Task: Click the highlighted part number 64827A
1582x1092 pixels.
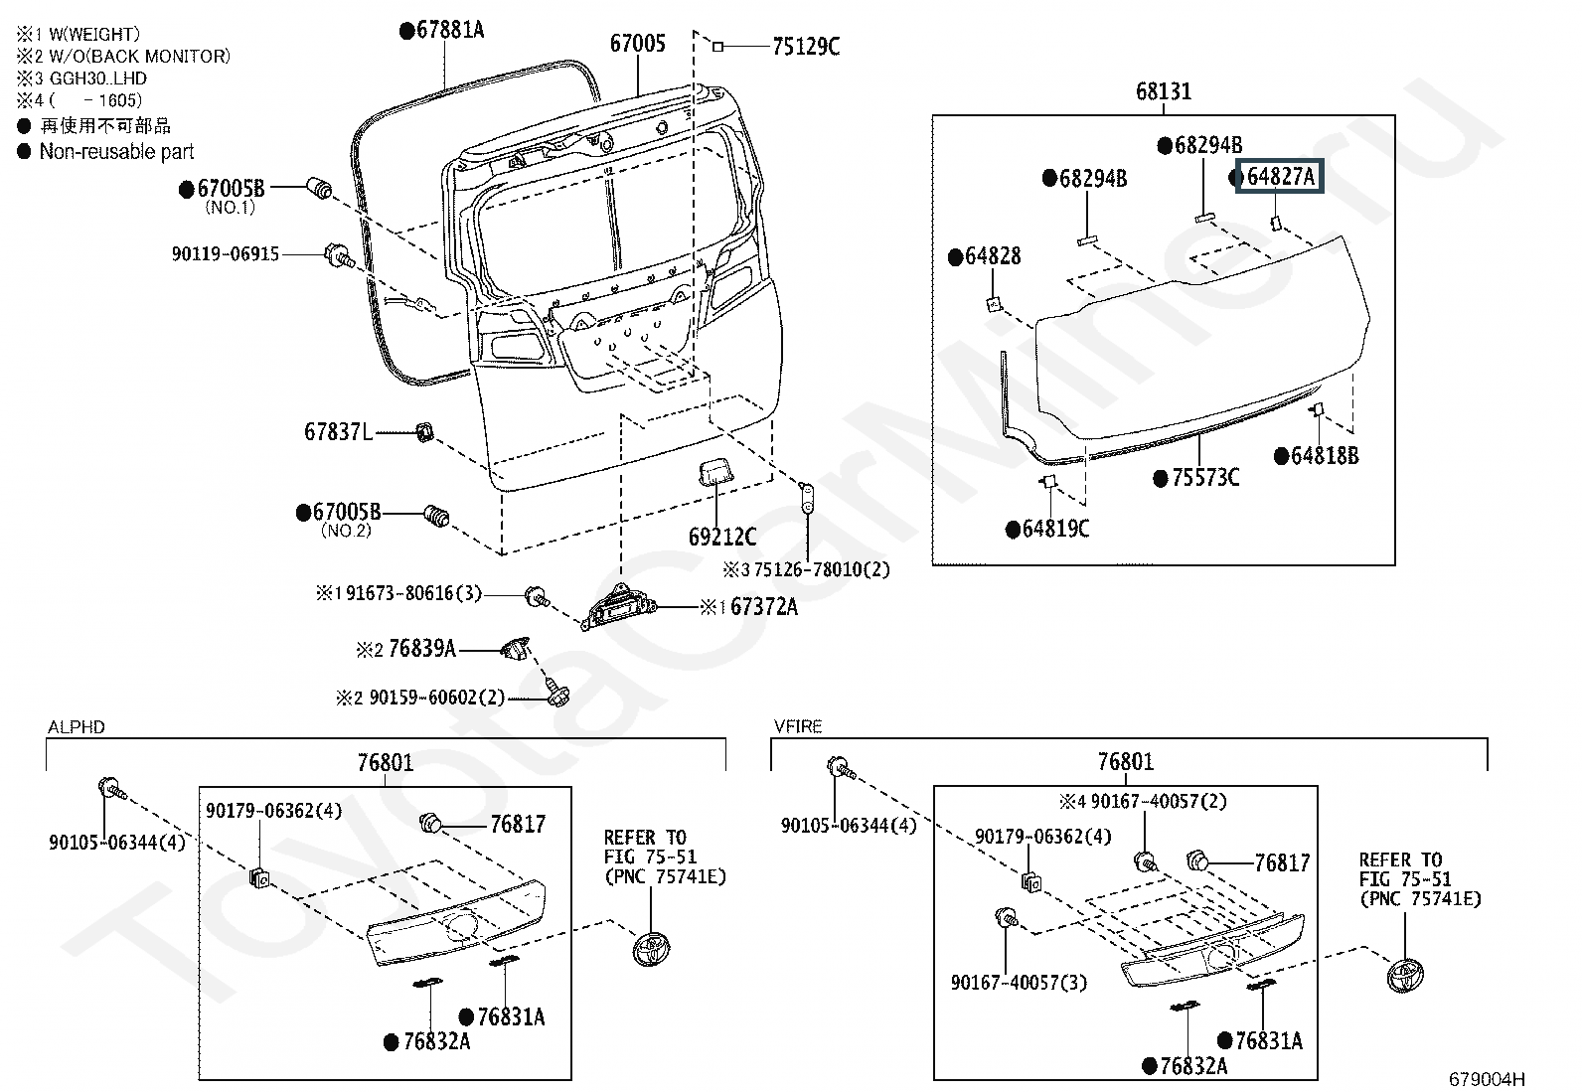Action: [1281, 177]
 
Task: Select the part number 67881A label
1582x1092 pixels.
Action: [450, 30]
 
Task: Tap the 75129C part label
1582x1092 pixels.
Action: [806, 47]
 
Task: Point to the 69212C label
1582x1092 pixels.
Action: [721, 537]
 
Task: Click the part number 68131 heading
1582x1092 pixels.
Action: [1164, 91]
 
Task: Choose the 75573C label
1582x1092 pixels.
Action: [1204, 478]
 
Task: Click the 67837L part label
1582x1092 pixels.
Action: [338, 431]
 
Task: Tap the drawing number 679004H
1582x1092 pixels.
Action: [1487, 1079]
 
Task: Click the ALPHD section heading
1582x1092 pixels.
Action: [77, 727]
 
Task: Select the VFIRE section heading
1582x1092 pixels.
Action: [798, 726]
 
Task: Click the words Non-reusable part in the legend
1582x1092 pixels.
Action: [116, 152]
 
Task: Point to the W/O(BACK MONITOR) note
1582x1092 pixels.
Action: [140, 57]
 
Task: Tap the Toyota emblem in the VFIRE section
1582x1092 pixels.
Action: [1405, 976]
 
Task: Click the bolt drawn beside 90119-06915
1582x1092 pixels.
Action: [338, 255]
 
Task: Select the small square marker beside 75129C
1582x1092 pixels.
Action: [718, 47]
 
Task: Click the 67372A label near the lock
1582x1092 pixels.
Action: [763, 607]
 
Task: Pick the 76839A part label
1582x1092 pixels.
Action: [422, 649]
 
